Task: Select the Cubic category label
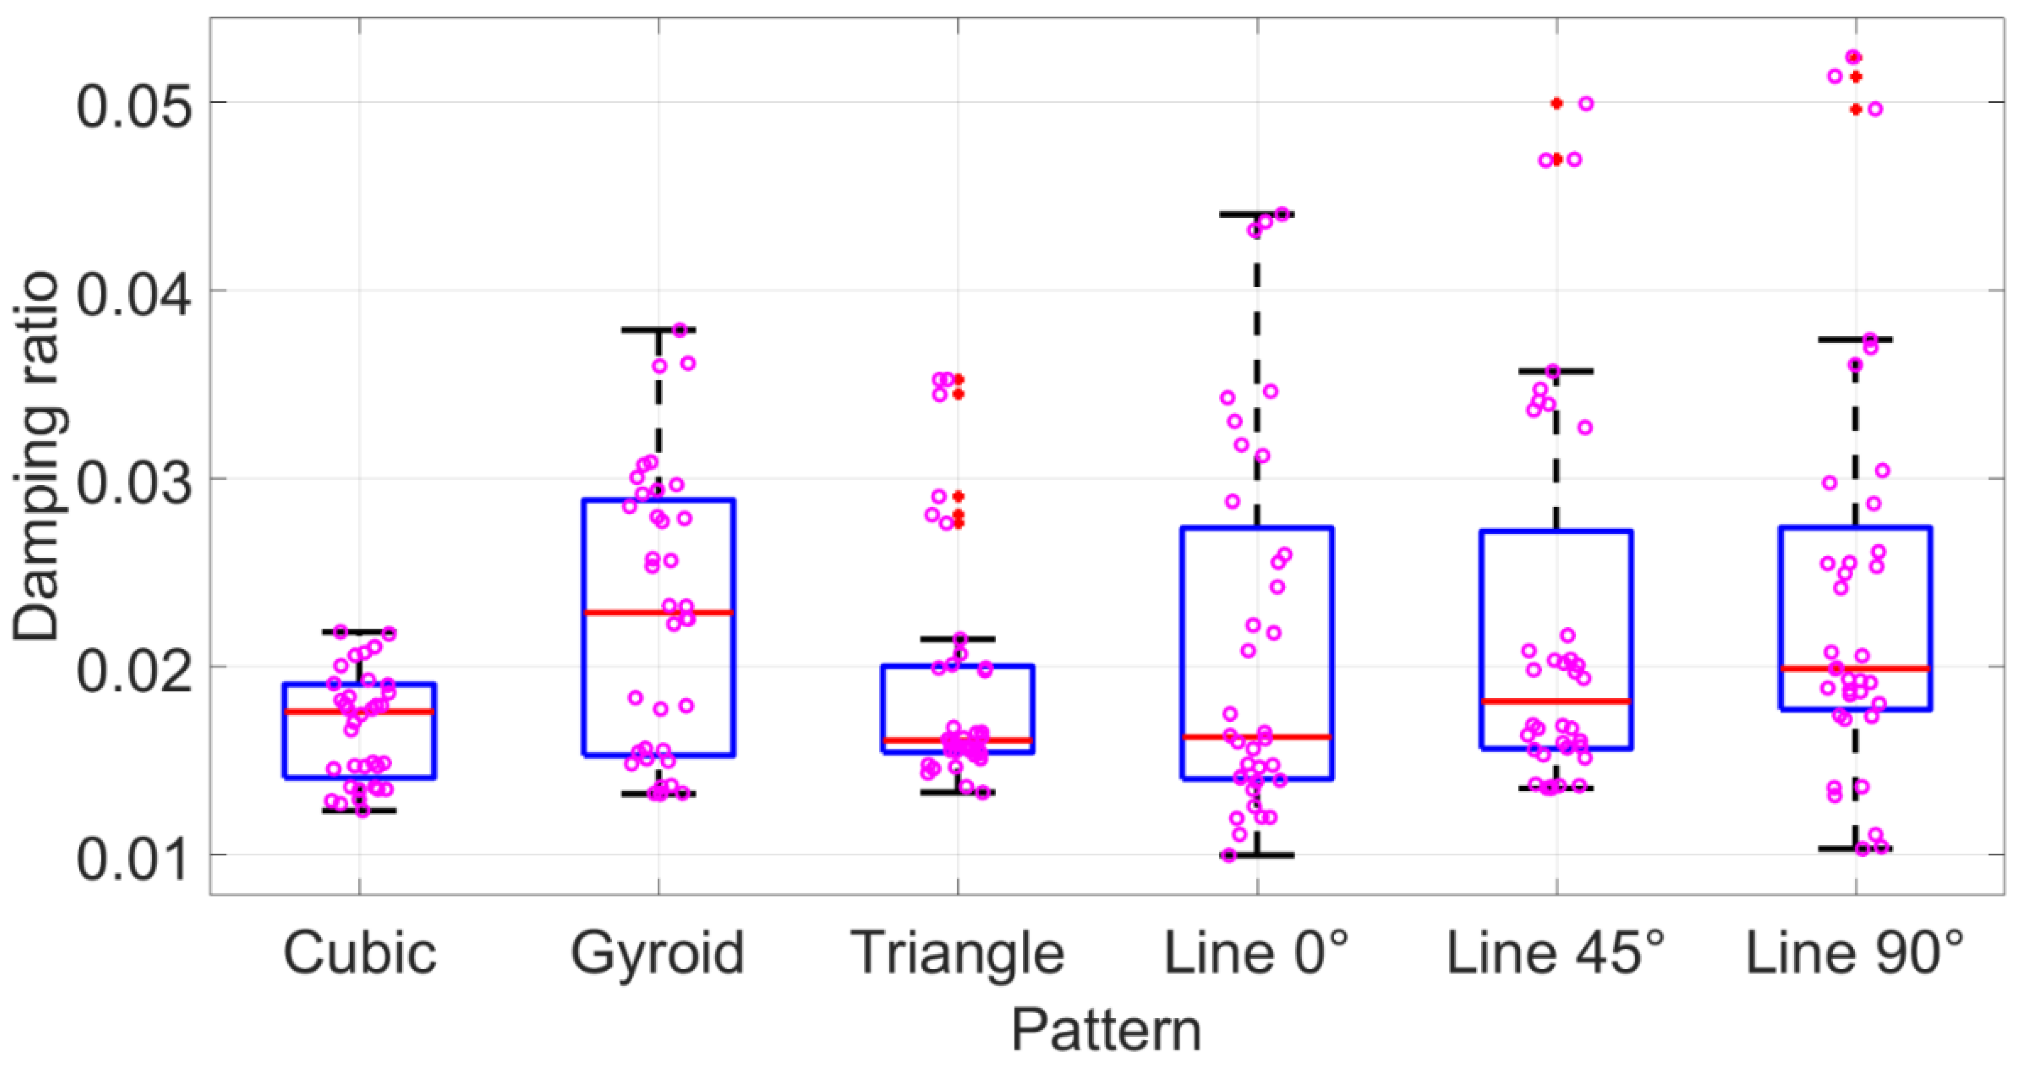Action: click(360, 953)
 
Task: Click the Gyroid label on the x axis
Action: click(658, 953)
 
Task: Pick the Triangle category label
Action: click(957, 953)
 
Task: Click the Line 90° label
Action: click(1855, 953)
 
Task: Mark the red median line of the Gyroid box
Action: click(658, 612)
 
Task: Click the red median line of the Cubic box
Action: click(360, 712)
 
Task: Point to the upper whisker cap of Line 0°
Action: click(1257, 214)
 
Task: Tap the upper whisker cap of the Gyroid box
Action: click(658, 330)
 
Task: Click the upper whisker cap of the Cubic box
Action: click(360, 631)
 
